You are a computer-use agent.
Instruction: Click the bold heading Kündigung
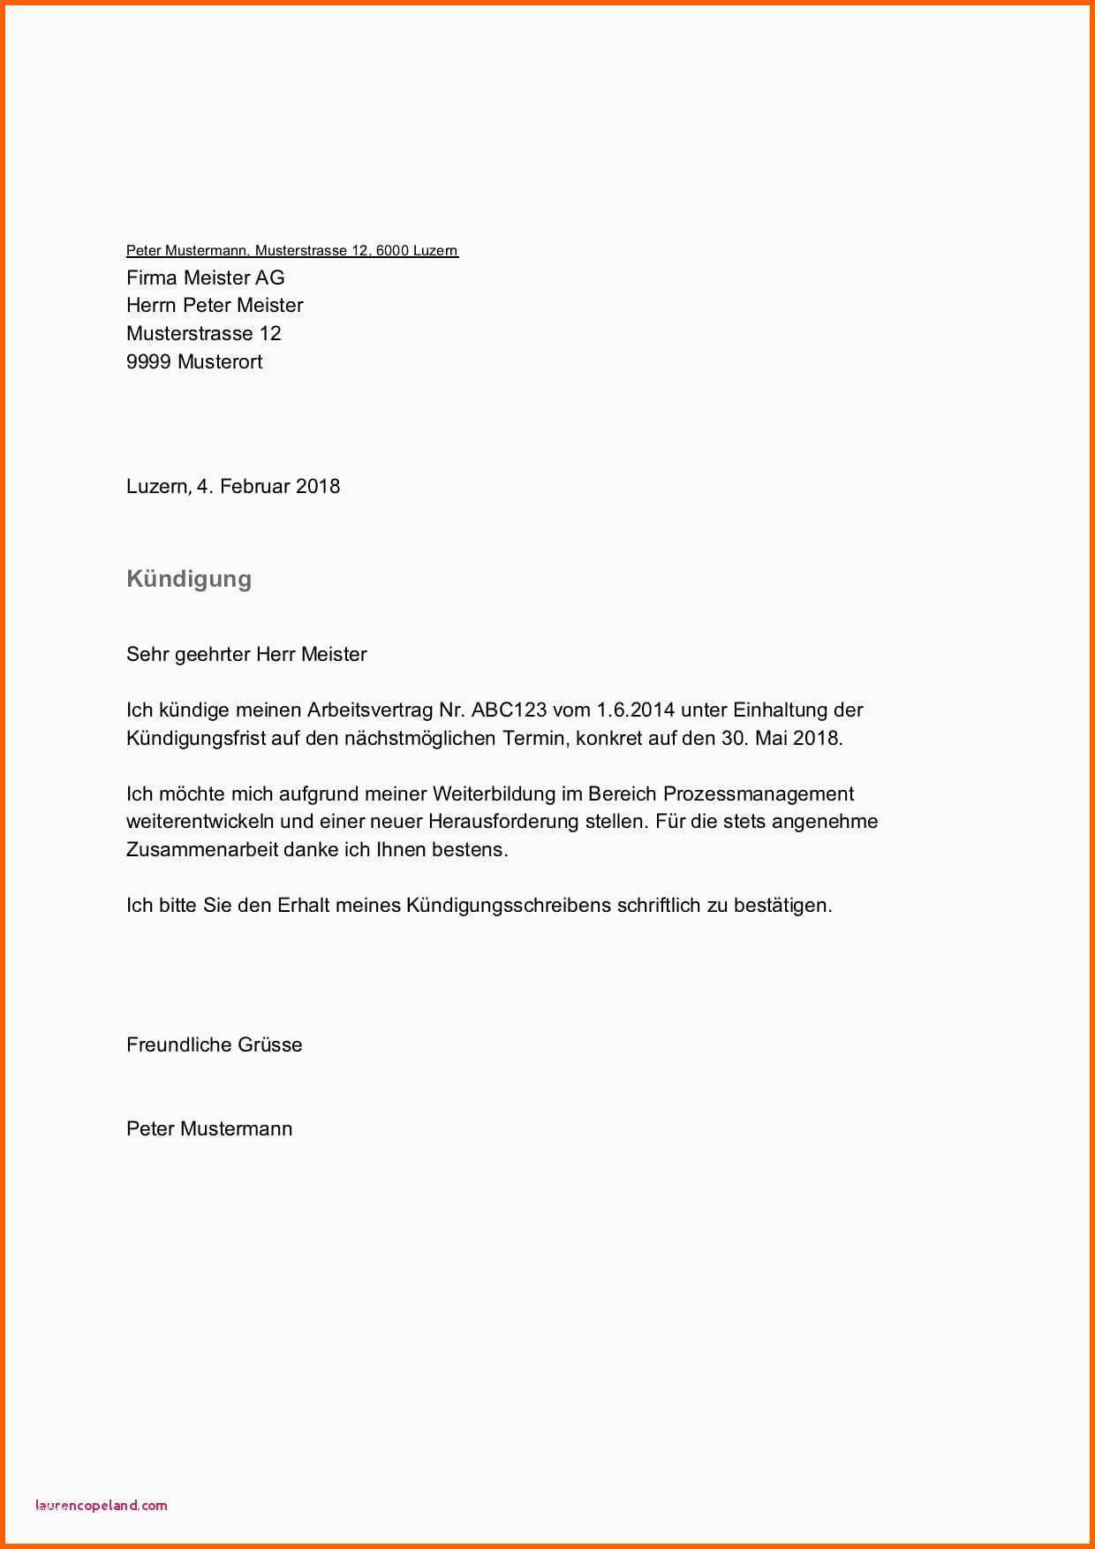tap(189, 579)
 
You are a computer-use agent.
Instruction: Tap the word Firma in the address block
tap(152, 277)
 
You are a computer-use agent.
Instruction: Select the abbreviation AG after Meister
tap(270, 277)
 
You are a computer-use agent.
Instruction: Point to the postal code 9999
tap(148, 361)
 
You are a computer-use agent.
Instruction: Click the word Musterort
tap(220, 361)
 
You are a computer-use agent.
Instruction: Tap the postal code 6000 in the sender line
tap(392, 251)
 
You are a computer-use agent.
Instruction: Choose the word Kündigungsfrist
tap(196, 738)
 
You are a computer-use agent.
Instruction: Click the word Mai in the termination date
tap(771, 738)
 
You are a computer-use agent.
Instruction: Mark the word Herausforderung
tap(504, 821)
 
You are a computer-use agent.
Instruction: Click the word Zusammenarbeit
tap(202, 849)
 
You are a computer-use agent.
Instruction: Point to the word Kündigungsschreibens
tap(509, 905)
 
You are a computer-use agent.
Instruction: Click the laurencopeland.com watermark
tap(102, 1505)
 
